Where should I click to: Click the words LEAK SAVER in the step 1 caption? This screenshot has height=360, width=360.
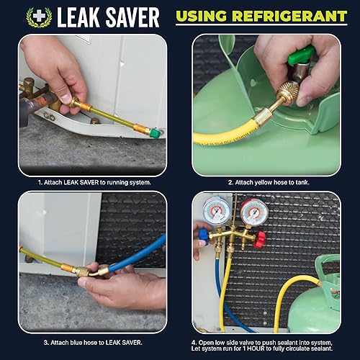[86, 183]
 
